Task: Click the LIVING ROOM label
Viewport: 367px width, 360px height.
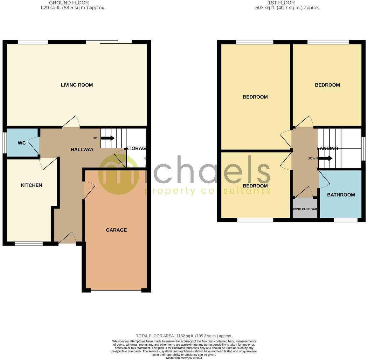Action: pyautogui.click(x=77, y=85)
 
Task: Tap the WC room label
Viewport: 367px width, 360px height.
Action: pyautogui.click(x=22, y=143)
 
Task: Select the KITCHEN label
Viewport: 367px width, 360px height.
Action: pyautogui.click(x=31, y=185)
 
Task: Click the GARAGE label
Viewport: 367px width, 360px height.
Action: pyautogui.click(x=116, y=230)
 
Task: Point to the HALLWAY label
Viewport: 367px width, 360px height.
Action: pyautogui.click(x=82, y=149)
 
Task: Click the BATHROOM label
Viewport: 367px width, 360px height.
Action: pyautogui.click(x=341, y=195)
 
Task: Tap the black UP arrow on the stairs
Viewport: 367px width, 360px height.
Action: pyautogui.click(x=107, y=138)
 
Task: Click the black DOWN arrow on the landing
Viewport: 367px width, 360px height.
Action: pyautogui.click(x=326, y=158)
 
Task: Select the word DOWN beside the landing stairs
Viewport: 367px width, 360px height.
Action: pyautogui.click(x=313, y=158)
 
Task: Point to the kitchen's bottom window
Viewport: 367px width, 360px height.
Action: pyautogui.click(x=29, y=244)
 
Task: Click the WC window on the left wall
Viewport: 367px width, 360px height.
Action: pyautogui.click(x=4, y=143)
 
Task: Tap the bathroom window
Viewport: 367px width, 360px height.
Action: pyautogui.click(x=346, y=220)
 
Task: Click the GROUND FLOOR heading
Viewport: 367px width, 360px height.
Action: pyautogui.click(x=69, y=3)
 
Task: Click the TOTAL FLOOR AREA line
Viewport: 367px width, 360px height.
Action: pyautogui.click(x=184, y=336)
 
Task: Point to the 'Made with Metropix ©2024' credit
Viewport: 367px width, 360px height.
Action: pyautogui.click(x=184, y=358)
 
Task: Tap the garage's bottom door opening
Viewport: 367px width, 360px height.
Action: pyautogui.click(x=116, y=290)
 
